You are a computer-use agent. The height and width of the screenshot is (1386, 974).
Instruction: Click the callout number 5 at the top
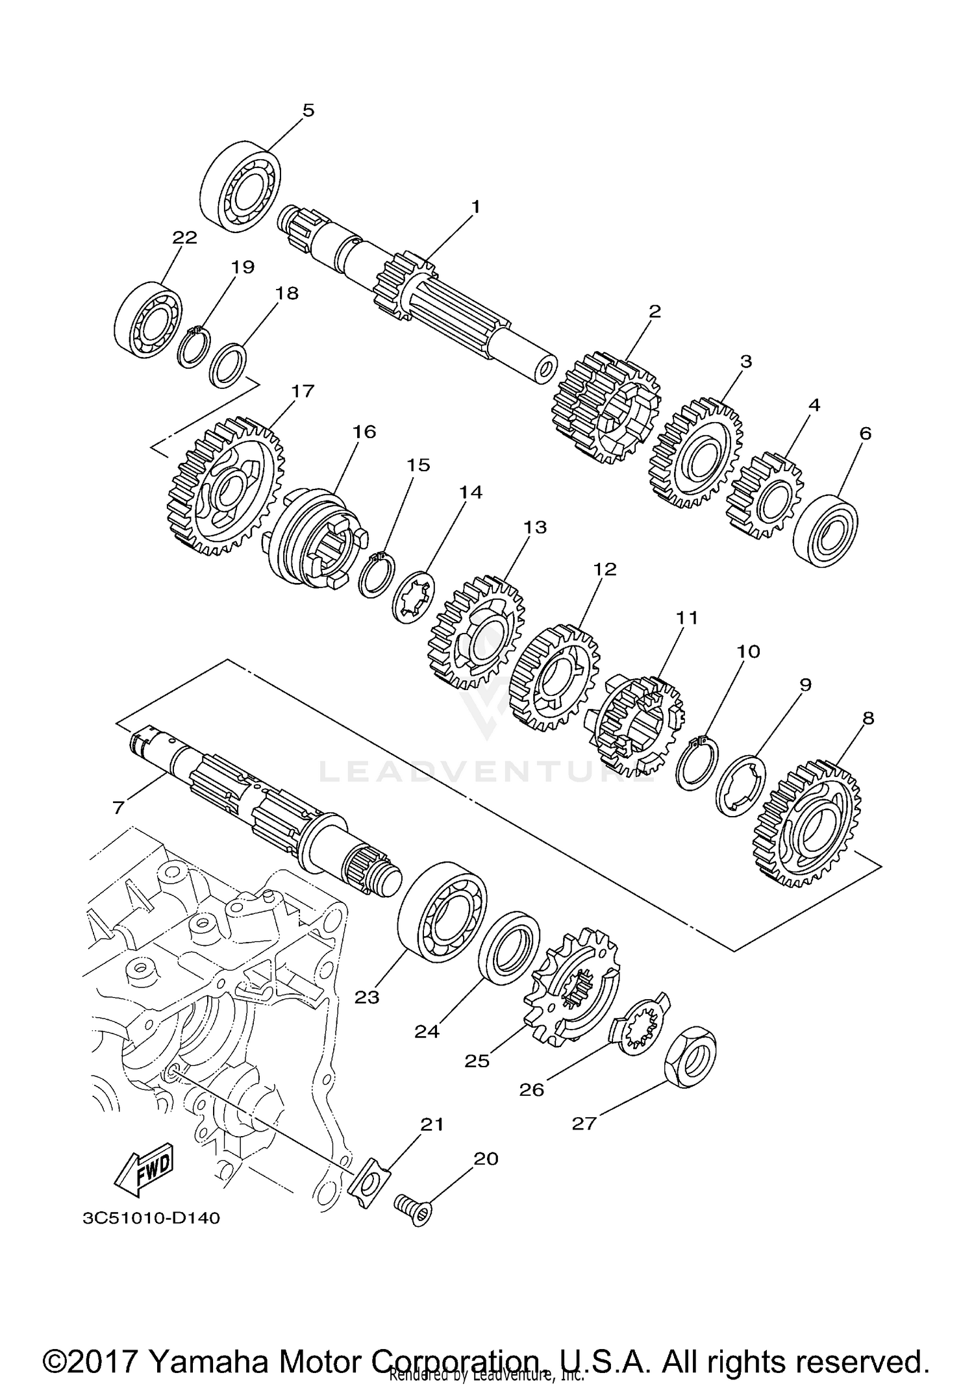coord(308,110)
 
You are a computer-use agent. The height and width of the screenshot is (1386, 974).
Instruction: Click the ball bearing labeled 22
coord(147,319)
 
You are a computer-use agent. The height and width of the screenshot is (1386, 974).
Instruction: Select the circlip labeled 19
coord(194,349)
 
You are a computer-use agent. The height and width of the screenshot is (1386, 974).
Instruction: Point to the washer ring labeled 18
coord(229,366)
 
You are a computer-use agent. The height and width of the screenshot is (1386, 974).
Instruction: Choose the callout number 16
coord(364,432)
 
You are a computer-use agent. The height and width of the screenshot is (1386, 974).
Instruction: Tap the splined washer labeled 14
coord(414,596)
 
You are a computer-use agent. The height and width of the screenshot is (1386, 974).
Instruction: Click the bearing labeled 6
coord(825,530)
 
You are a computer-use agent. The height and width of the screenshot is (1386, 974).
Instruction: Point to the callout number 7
coord(118,807)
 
